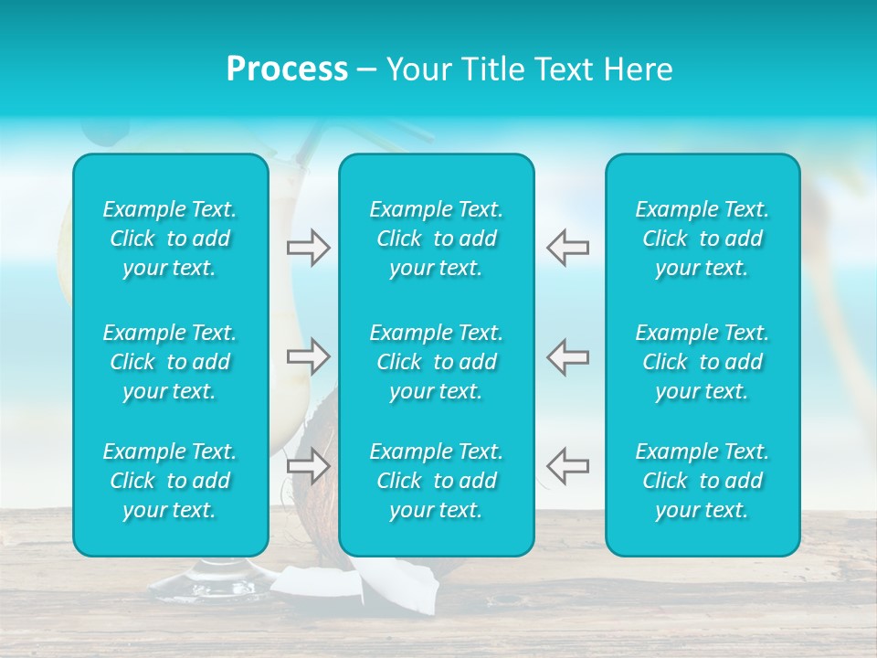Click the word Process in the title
point(287,69)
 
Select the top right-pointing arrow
point(309,247)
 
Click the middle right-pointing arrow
point(309,356)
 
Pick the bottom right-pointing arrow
point(309,465)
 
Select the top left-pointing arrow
point(567,247)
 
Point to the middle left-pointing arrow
point(567,356)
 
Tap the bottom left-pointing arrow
point(567,465)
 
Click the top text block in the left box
point(170,239)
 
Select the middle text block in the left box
point(170,362)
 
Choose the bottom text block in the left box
point(170,481)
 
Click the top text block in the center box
point(437,239)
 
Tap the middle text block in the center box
point(437,362)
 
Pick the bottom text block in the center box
point(437,481)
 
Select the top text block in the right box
point(703,239)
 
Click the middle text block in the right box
point(703,362)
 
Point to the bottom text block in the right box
point(703,481)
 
